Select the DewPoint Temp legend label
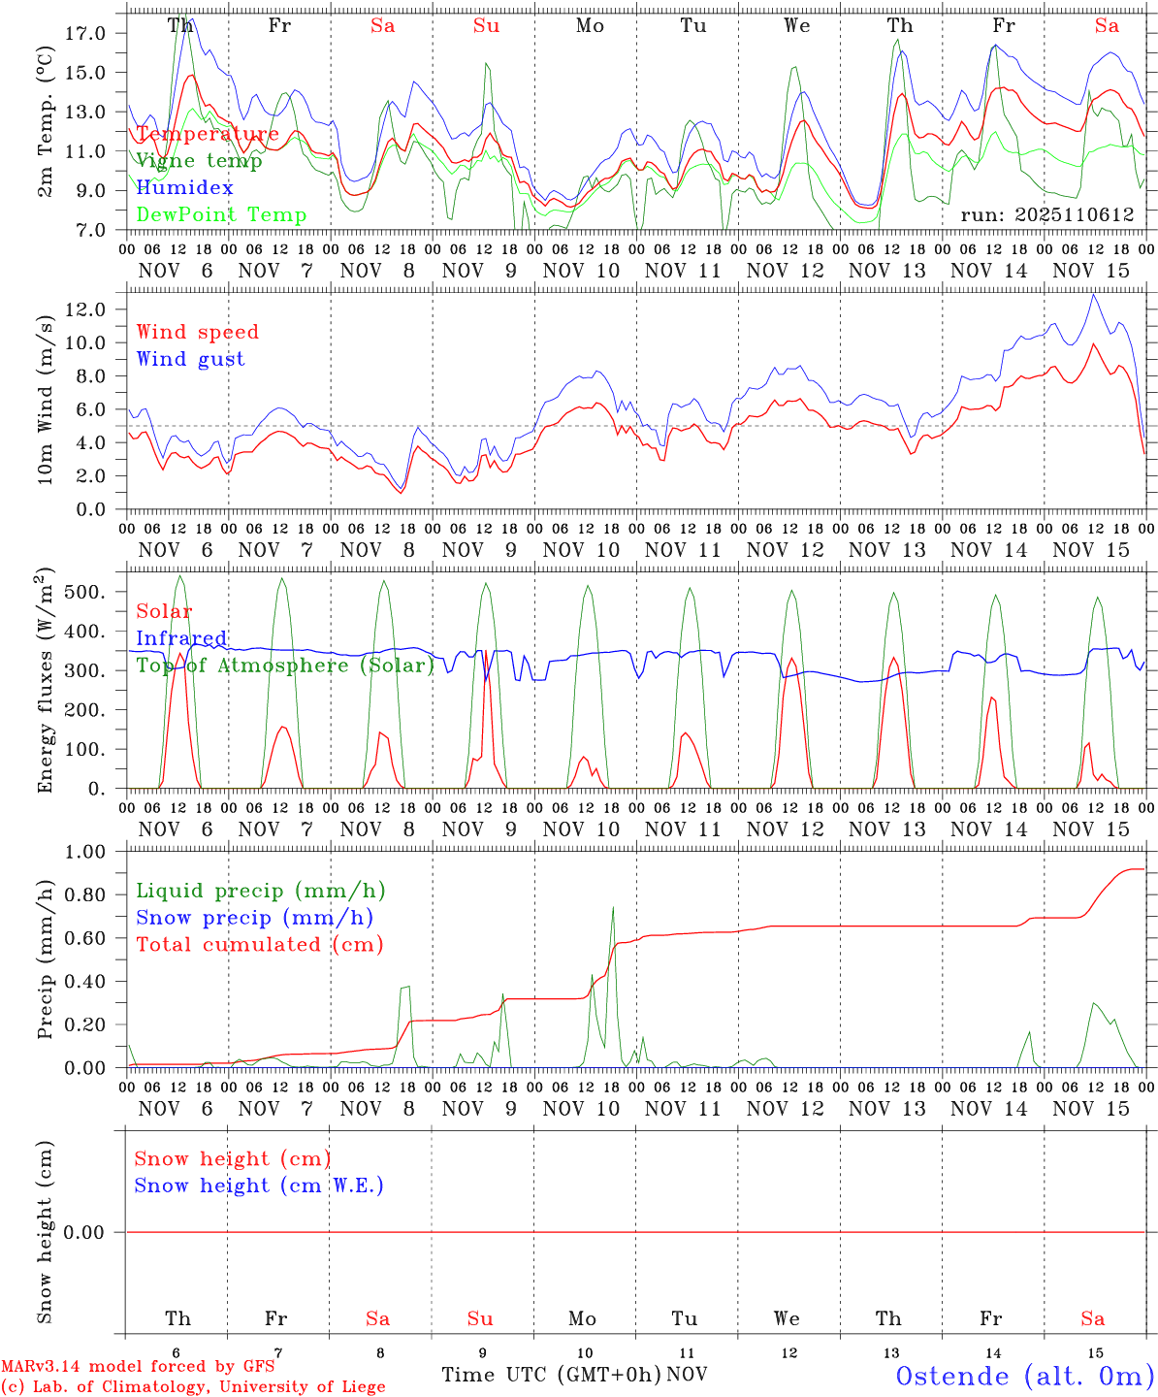pos(221,215)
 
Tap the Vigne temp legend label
pos(199,161)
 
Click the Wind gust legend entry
pos(190,359)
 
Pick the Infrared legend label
pos(181,638)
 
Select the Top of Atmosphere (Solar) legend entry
pos(285,666)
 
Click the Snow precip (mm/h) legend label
pos(254,918)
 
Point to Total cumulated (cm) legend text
pos(259,945)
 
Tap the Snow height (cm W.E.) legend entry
pos(259,1186)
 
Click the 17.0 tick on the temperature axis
pos(84,33)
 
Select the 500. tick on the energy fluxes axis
pos(84,592)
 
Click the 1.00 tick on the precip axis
pos(84,852)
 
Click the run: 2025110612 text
pos(1046,215)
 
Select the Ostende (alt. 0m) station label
pos(1025,1376)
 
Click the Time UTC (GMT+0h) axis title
pos(551,1375)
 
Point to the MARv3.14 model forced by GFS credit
pos(138,1367)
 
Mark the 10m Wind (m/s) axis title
pos(45,397)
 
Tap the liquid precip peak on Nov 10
pos(613,907)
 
